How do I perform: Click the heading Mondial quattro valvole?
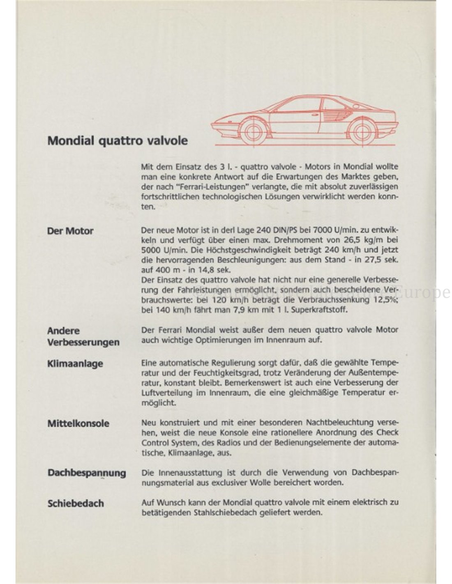118,140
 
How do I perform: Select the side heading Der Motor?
70,231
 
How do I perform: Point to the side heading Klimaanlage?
75,363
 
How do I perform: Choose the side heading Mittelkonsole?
78,423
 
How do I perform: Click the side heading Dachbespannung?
87,473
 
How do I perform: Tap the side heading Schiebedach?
76,503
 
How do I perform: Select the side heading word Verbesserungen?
83,342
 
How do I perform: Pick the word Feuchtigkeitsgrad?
227,373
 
